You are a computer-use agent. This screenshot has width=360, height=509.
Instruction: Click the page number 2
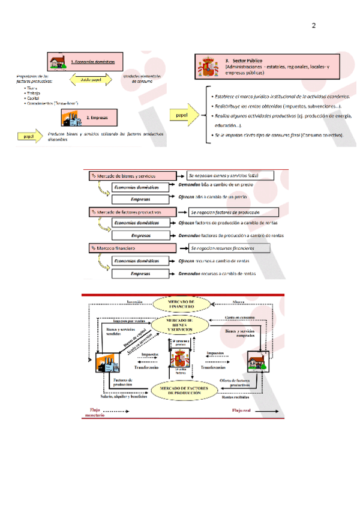click(313, 26)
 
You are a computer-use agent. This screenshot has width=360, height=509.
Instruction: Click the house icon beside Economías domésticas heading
click(58, 61)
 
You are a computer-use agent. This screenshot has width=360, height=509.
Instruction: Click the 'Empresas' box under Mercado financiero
click(140, 274)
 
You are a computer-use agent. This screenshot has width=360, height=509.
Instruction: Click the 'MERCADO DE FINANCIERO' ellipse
click(181, 304)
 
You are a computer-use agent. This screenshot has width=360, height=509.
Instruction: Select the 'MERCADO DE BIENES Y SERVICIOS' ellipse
click(181, 327)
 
